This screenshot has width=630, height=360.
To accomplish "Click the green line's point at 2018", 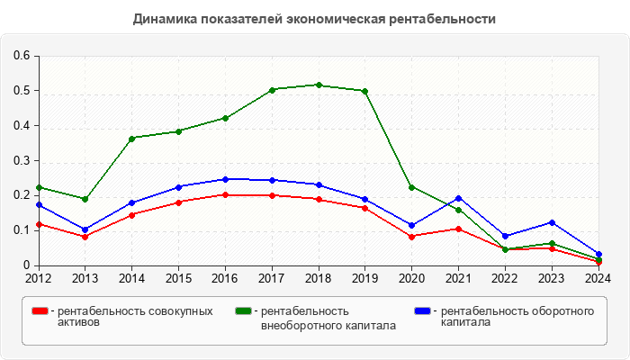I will [319, 85].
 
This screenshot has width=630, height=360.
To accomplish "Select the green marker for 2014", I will [132, 139].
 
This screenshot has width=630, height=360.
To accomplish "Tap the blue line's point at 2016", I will [225, 179].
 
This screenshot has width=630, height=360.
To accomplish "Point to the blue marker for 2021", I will [458, 198].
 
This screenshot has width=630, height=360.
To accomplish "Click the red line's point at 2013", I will [85, 237].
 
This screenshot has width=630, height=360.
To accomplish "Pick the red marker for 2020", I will [412, 237].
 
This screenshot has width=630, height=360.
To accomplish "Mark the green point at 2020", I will [412, 187].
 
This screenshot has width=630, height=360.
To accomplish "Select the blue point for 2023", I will [552, 222].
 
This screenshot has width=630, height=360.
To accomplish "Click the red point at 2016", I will [225, 195].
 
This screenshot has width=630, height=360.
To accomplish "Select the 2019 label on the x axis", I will [365, 278].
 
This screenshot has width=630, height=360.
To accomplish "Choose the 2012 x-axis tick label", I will [39, 278].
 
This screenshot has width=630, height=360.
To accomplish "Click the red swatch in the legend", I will [40, 310].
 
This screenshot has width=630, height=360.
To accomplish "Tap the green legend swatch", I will [243, 310].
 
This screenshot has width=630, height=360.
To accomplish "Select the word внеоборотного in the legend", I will [301, 325].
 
